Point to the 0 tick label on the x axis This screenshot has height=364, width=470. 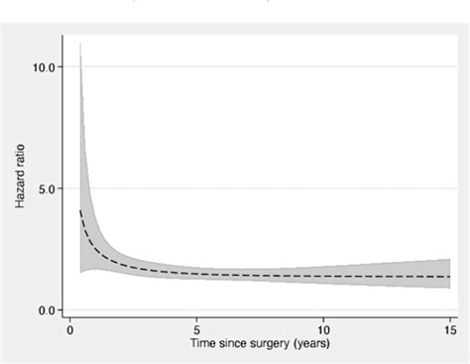click(x=69, y=329)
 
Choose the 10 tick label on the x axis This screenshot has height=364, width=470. click(x=323, y=329)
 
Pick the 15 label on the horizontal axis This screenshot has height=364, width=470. click(x=450, y=329)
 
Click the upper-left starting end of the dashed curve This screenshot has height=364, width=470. click(x=80, y=210)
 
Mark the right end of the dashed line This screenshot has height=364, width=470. click(x=450, y=277)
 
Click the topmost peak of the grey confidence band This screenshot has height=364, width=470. click(x=80, y=45)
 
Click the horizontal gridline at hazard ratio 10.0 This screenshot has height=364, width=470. click(x=258, y=67)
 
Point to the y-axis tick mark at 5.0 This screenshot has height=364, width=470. click(x=65, y=188)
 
